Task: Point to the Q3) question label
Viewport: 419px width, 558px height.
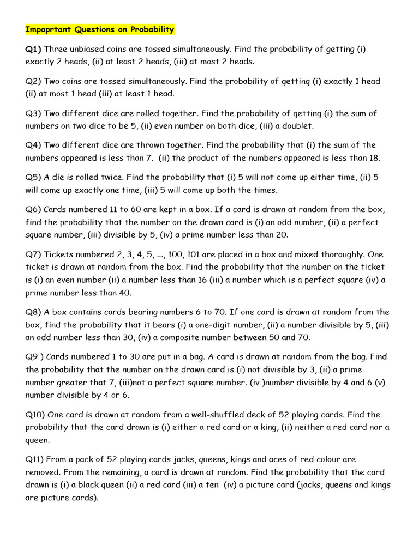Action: tap(33, 113)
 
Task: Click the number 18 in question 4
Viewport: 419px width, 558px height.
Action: tap(372, 158)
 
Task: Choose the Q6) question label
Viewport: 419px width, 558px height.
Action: tap(33, 209)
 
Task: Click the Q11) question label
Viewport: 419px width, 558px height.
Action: tap(36, 459)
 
